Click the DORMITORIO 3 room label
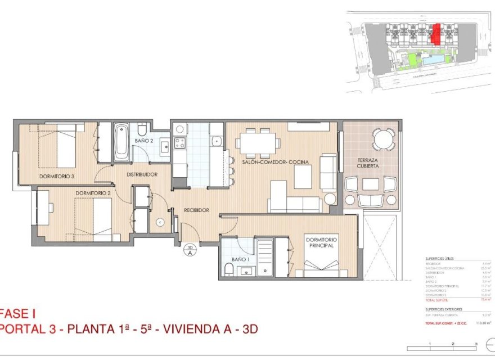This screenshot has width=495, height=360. [x=57, y=177]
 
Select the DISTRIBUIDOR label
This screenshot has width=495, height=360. [x=141, y=175]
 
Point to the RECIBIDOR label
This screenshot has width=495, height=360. [x=196, y=210]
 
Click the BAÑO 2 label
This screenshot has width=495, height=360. [x=143, y=141]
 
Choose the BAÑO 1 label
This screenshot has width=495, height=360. [x=240, y=259]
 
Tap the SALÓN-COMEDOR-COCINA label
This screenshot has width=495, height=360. [x=276, y=162]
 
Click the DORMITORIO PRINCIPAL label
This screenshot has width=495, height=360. [x=321, y=242]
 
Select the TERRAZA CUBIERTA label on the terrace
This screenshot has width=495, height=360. [x=371, y=163]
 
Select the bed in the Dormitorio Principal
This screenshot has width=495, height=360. [x=322, y=263]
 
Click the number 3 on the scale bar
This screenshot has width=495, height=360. [x=476, y=344]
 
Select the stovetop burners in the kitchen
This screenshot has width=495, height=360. [x=180, y=142]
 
